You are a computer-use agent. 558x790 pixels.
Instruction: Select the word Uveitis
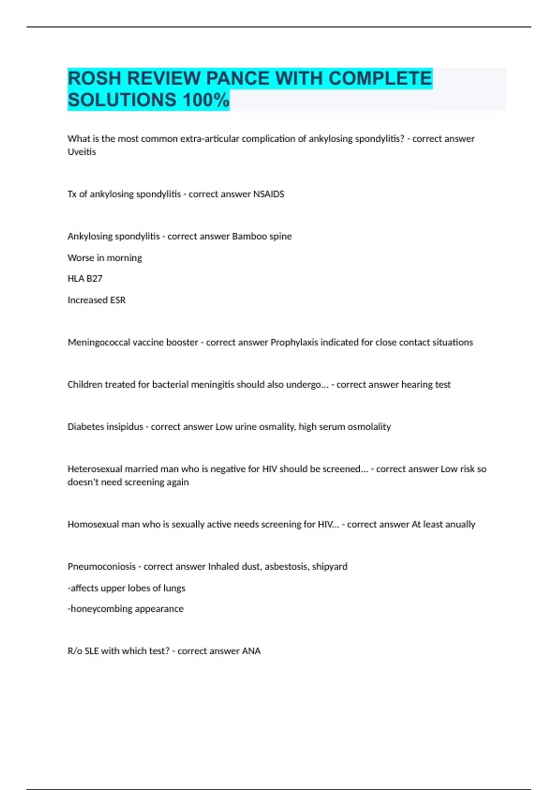pyautogui.click(x=82, y=152)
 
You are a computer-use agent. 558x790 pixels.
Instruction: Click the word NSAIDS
pyautogui.click(x=268, y=194)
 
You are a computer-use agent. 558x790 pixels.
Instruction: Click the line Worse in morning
pyautogui.click(x=105, y=257)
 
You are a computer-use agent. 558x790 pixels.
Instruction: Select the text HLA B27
pyautogui.click(x=85, y=278)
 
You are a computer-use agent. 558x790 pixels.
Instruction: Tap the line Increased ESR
pyautogui.click(x=96, y=300)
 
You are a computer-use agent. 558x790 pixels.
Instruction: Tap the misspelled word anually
pyautogui.click(x=460, y=524)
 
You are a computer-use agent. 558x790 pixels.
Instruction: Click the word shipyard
pyautogui.click(x=329, y=566)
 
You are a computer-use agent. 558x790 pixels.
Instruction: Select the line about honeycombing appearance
pyautogui.click(x=126, y=609)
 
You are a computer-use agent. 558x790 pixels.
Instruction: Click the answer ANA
pyautogui.click(x=251, y=651)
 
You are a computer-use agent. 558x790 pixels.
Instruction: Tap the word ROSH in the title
pyautogui.click(x=94, y=78)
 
